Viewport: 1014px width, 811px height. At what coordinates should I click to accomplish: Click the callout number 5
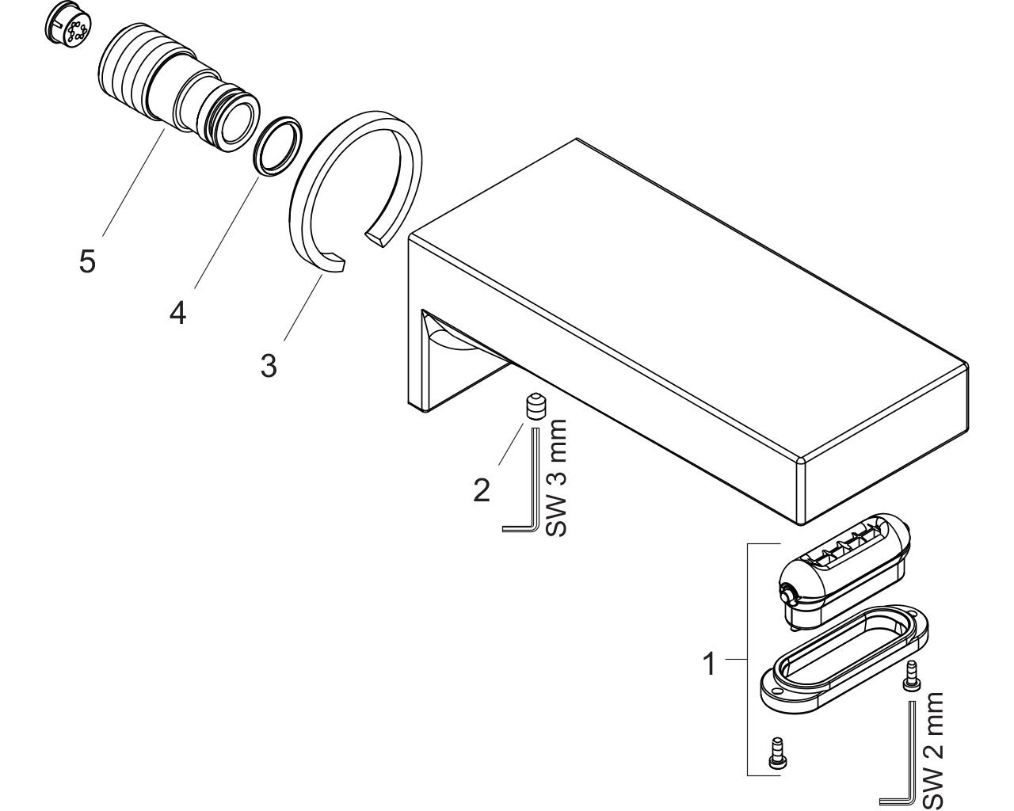88,261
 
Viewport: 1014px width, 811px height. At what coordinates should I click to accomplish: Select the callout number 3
269,365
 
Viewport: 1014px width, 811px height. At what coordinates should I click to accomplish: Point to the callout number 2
482,490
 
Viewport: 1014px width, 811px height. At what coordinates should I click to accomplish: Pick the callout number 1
709,664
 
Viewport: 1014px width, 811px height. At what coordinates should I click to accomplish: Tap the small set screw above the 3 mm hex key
536,406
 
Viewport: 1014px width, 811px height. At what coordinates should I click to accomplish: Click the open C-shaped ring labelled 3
302,227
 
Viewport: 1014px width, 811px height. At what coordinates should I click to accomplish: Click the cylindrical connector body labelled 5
179,87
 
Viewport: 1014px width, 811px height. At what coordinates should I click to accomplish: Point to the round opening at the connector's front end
238,125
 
